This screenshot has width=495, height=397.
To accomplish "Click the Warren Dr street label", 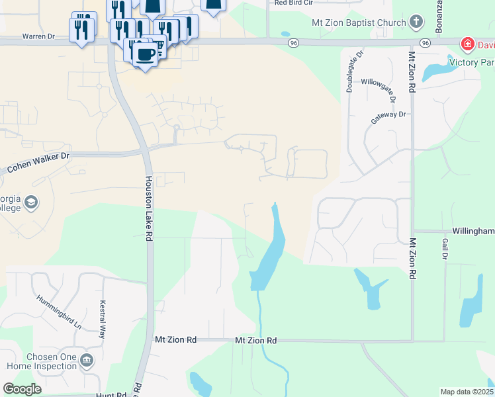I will click(38, 36).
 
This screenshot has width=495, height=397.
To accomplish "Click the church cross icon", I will click(416, 22).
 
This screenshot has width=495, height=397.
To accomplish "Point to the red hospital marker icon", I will click(468, 44).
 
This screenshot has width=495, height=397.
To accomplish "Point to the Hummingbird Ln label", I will click(59, 312).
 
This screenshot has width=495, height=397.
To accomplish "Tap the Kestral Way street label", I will click(103, 320).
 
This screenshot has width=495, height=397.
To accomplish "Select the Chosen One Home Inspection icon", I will click(86, 361).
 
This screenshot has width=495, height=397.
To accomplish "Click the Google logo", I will click(22, 389).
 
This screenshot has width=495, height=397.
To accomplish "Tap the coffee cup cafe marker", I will click(146, 54).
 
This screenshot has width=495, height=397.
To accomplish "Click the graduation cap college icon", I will click(32, 201).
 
